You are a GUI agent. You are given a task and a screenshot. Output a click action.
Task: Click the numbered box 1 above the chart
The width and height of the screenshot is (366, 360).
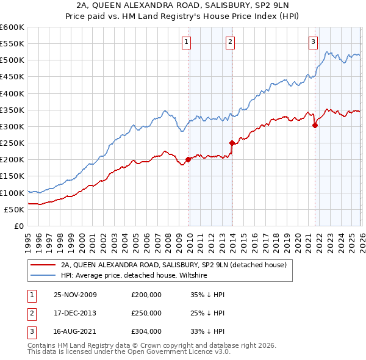click(185, 42)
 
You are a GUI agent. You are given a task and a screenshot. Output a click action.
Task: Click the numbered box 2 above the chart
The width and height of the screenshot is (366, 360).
click(230, 42)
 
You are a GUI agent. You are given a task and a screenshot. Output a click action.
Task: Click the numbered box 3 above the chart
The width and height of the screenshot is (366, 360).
click(313, 42)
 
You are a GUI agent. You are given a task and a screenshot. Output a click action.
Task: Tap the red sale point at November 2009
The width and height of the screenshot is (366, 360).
click(188, 160)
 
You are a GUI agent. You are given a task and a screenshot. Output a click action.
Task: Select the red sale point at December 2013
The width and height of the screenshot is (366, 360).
click(232, 143)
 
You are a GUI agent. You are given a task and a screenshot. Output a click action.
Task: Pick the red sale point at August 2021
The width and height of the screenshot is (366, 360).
click(315, 126)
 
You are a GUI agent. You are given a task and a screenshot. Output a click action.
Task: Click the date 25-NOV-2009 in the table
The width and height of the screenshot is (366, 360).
click(75, 295)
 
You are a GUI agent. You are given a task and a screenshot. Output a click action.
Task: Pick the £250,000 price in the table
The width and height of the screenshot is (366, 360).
click(146, 313)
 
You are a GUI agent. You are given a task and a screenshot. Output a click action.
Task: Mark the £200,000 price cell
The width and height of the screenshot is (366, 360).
click(146, 295)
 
